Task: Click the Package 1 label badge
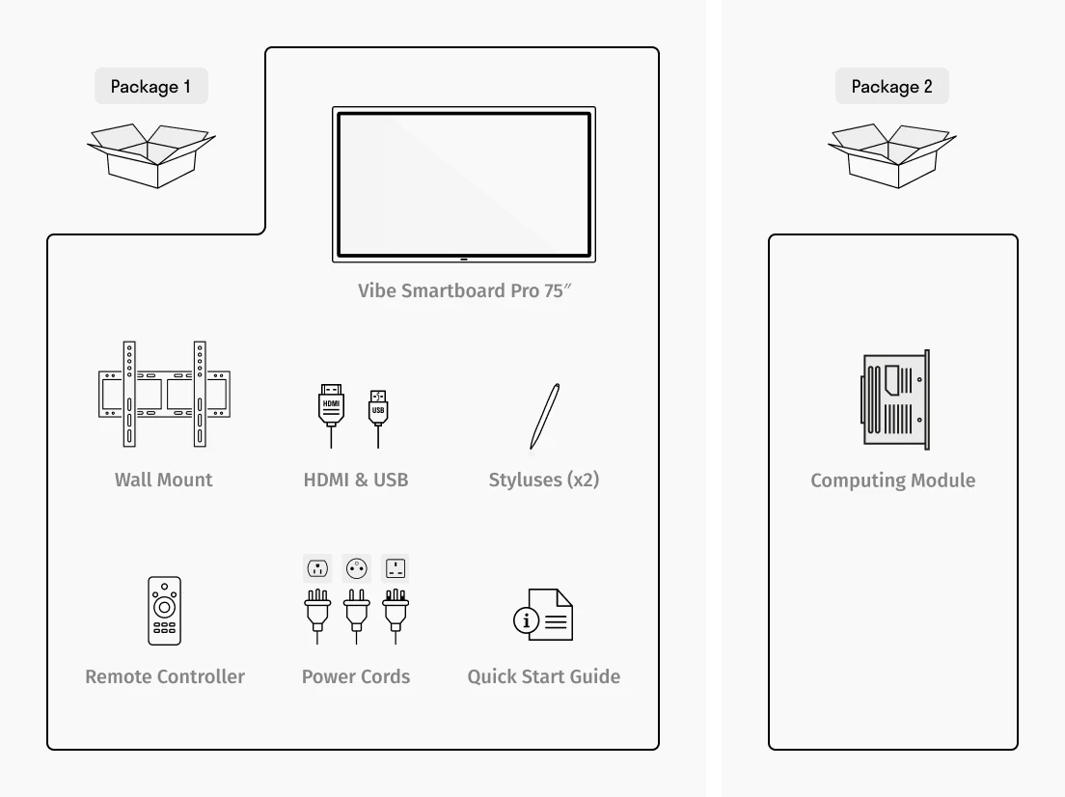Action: point(150,87)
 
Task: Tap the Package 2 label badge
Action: point(891,87)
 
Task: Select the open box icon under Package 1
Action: point(150,154)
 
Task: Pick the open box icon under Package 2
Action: point(891,154)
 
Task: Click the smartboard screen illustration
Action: point(464,184)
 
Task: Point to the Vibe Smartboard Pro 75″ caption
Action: point(464,290)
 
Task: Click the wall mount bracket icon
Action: point(164,394)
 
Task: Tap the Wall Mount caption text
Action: point(164,480)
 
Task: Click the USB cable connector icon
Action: point(378,409)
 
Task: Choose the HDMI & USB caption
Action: point(356,480)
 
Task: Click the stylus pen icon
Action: point(544,417)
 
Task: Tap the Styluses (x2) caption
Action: point(544,480)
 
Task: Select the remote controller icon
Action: point(164,611)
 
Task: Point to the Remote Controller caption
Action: point(165,676)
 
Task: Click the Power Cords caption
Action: point(356,676)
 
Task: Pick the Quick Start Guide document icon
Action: point(543,615)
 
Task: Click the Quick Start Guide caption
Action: point(544,676)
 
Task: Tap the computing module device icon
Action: point(895,399)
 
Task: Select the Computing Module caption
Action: point(892,481)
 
